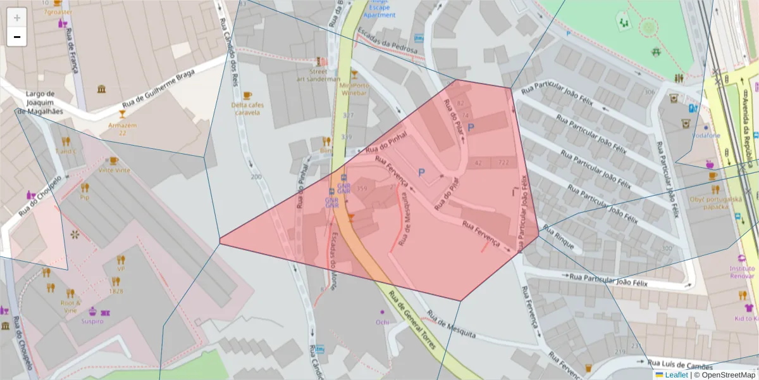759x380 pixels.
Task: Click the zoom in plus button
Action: pyautogui.click(x=17, y=17)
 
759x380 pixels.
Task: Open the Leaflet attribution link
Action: pyautogui.click(x=676, y=375)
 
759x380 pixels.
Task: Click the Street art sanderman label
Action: pyautogui.click(x=318, y=75)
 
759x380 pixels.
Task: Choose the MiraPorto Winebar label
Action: pyautogui.click(x=354, y=89)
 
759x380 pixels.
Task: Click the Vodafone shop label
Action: pyautogui.click(x=705, y=135)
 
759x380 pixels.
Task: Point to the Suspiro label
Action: pyautogui.click(x=92, y=321)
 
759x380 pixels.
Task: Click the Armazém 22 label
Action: pyautogui.click(x=122, y=129)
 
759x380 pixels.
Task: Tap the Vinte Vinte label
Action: pyautogui.click(x=114, y=170)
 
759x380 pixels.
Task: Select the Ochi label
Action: pyautogui.click(x=382, y=322)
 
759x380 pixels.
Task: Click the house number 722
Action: pyautogui.click(x=503, y=163)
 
